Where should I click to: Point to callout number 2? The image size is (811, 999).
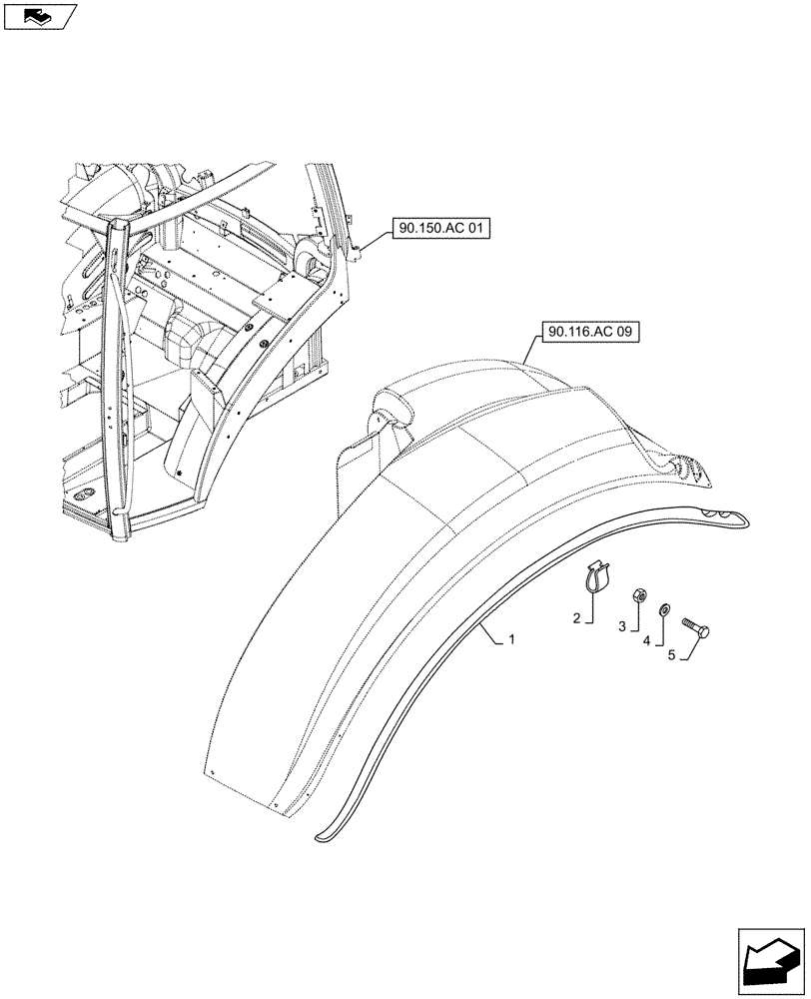tap(577, 619)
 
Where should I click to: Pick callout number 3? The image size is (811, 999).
tap(621, 626)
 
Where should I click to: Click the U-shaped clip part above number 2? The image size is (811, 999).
tap(594, 578)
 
